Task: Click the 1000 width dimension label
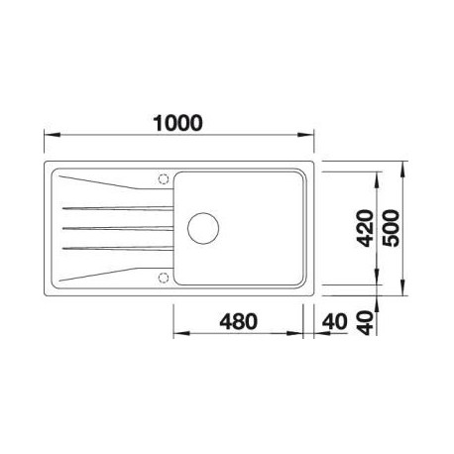point(177,123)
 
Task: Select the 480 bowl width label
point(238,321)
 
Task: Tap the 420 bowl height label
point(366,228)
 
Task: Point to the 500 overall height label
point(391,228)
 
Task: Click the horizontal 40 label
point(335,321)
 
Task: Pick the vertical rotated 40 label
point(366,323)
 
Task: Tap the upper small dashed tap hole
point(164,178)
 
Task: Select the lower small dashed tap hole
point(164,278)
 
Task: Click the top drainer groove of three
point(118,208)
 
